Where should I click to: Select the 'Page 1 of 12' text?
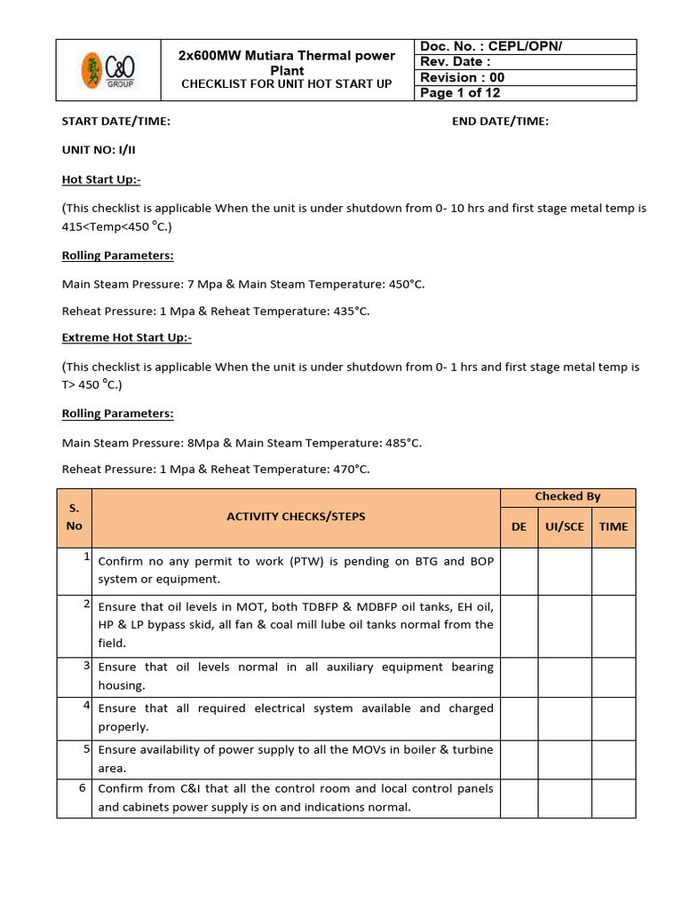[x=461, y=93]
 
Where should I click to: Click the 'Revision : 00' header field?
[x=462, y=77]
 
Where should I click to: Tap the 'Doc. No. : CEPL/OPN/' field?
[x=491, y=46]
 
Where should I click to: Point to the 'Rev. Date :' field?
[x=455, y=61]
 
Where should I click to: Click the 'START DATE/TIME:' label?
[x=115, y=122]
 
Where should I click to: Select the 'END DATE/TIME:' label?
[x=500, y=122]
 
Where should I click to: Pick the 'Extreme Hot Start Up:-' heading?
[x=126, y=338]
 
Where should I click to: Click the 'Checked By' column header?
[x=567, y=496]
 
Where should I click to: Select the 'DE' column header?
[x=519, y=526]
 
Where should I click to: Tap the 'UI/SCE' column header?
[x=565, y=526]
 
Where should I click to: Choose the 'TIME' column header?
[x=613, y=526]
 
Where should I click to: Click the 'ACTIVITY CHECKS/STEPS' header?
[x=296, y=517]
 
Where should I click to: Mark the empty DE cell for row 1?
[x=519, y=571]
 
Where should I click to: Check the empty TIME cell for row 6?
[x=614, y=798]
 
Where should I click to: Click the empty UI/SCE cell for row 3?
[x=565, y=676]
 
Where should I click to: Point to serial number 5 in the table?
[x=87, y=748]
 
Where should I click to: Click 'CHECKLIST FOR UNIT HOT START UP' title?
[x=287, y=84]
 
